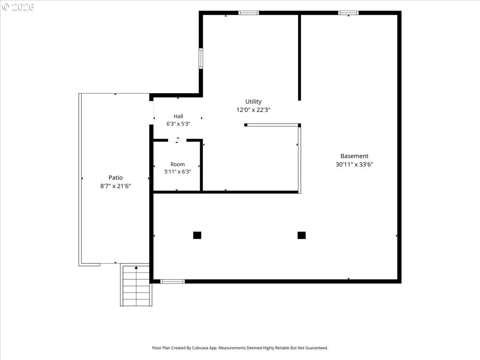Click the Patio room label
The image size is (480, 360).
coord(116,178)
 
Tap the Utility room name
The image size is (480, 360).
coord(253,102)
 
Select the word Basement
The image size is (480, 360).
coord(354,156)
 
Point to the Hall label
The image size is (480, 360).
coord(178,116)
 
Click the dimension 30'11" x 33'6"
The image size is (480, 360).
coord(354,164)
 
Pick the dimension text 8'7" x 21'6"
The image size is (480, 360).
coord(116,186)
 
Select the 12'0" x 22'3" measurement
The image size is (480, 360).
coord(253,110)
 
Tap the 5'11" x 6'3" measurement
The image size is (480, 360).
coord(178,172)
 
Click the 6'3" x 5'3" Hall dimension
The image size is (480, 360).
coord(178,124)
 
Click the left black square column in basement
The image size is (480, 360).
coord(197,235)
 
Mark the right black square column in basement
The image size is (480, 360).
coord(302,235)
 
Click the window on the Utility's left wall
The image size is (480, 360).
coord(201,58)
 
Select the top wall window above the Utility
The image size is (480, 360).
coord(249,13)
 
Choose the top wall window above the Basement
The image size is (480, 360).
coord(348,13)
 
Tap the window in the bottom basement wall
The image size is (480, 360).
coord(172,282)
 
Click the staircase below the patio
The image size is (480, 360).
coord(136,285)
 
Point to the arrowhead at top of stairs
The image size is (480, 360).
coord(136,268)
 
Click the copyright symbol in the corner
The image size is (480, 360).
coord(5,7)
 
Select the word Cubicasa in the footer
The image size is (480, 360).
coord(200,348)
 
